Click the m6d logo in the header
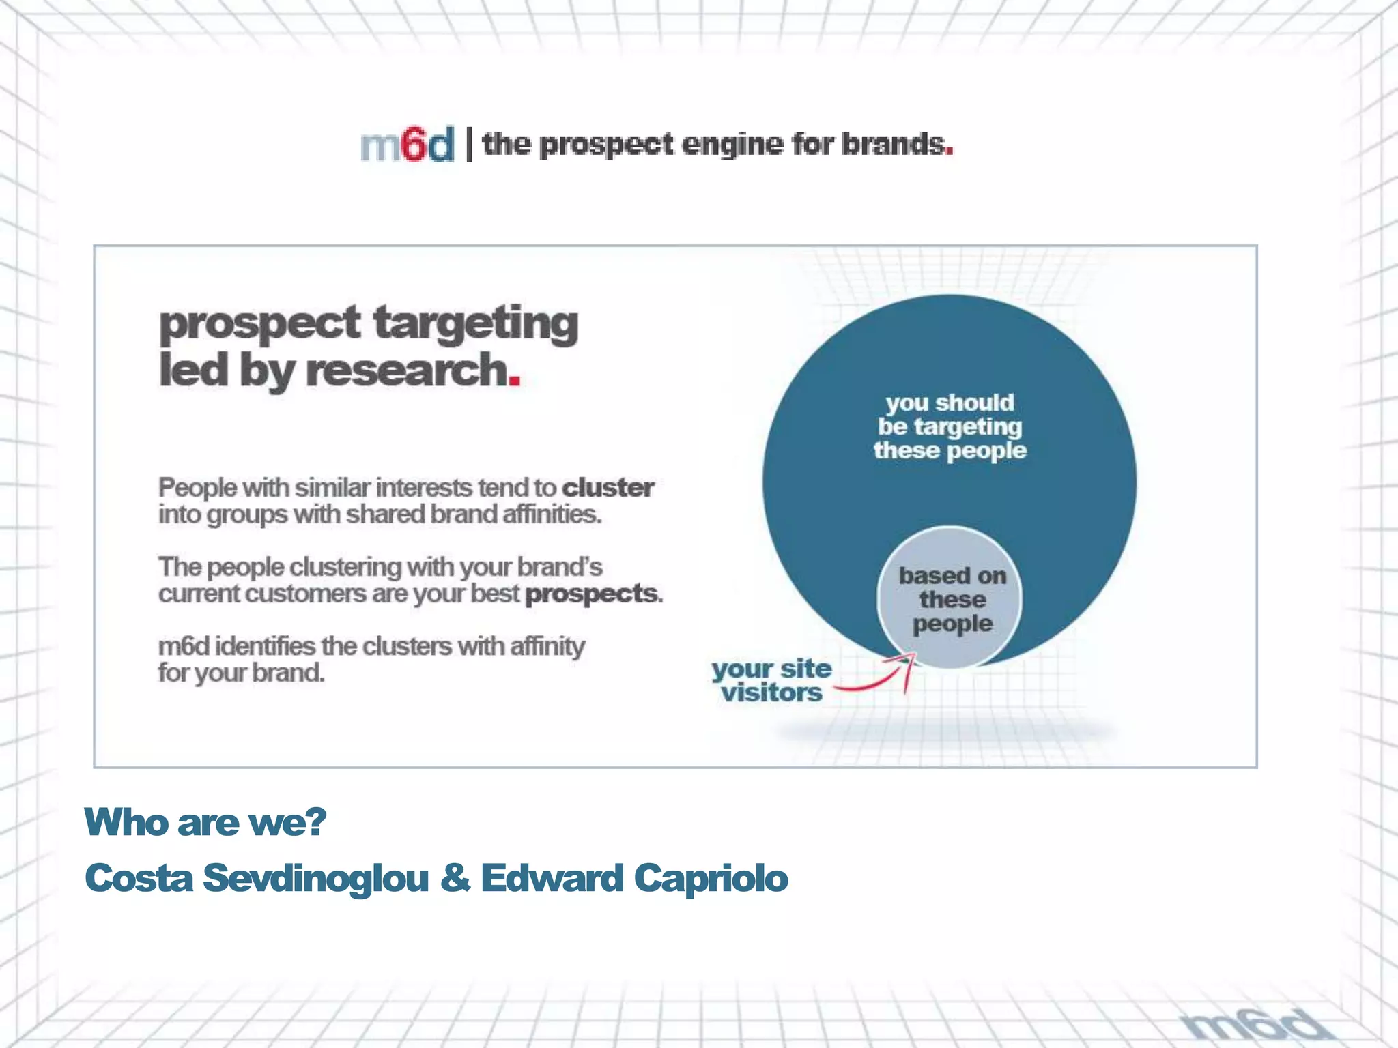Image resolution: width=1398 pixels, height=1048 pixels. (407, 145)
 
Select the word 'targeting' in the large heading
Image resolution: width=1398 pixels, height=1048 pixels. (476, 323)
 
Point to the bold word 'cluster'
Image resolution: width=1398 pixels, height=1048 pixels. (608, 488)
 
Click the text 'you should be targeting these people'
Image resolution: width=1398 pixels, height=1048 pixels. (950, 426)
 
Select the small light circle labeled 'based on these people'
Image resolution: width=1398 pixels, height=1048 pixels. (950, 598)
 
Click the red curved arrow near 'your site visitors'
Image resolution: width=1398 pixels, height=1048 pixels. (881, 677)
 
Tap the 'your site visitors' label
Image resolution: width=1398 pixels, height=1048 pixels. (771, 681)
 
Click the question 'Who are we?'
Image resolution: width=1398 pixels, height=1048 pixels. (205, 821)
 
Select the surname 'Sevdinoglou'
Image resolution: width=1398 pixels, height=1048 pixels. (315, 877)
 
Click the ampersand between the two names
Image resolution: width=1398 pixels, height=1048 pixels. (455, 877)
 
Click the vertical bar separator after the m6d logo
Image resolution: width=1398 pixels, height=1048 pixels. (469, 144)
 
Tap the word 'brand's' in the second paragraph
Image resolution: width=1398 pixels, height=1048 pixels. (560, 567)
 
